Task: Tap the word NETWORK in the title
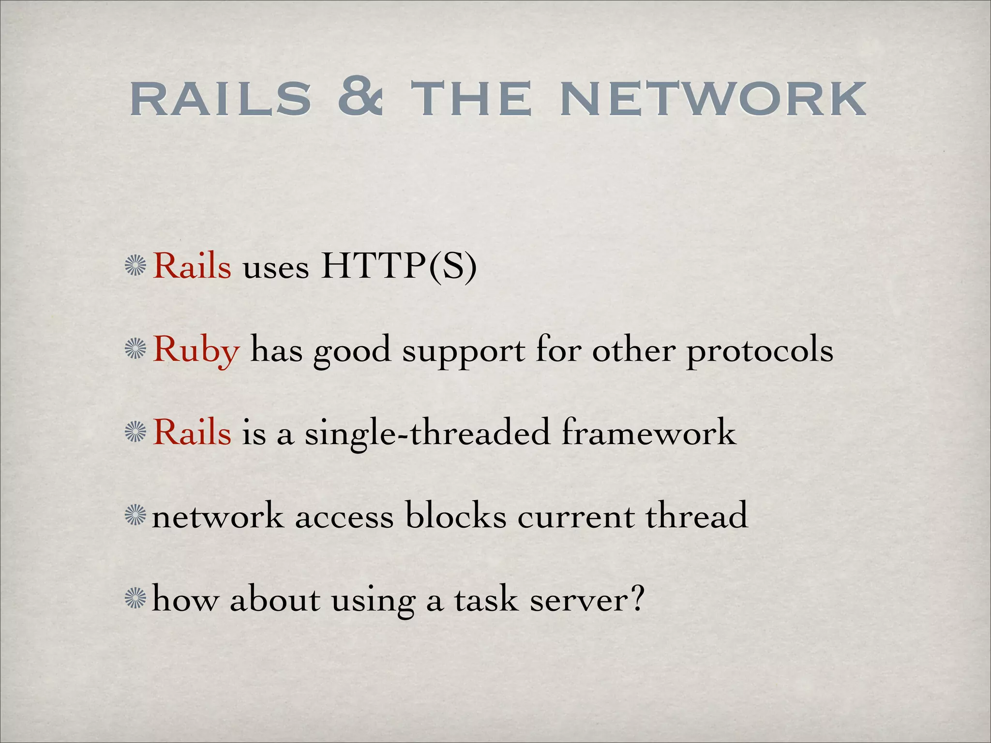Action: (712, 100)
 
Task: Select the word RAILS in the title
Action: (221, 100)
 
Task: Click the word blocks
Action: (456, 516)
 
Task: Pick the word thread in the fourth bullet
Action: (697, 516)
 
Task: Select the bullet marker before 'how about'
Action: (135, 599)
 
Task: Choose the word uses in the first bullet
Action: (276, 267)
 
